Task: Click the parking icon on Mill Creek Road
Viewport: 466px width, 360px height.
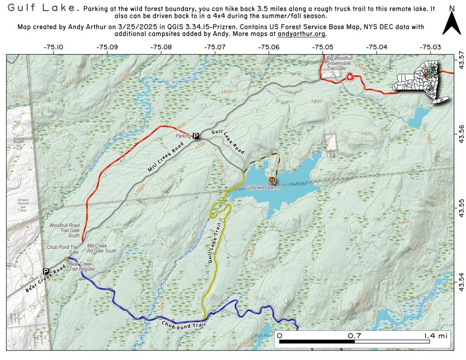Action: coord(196,136)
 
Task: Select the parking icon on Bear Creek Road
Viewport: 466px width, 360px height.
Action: coord(46,272)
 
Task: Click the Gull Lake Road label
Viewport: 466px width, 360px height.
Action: coord(228,142)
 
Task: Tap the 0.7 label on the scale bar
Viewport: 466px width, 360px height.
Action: coord(355,335)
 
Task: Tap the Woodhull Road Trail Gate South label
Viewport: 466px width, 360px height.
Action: coord(64,230)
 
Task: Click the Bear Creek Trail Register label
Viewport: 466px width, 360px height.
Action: coord(82,267)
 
